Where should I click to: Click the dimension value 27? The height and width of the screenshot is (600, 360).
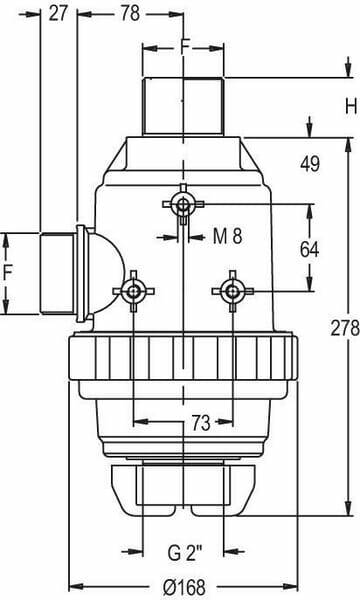pos(58,14)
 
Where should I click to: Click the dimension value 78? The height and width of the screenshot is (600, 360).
pos(130,14)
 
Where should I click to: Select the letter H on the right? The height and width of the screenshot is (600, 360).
pos(351,106)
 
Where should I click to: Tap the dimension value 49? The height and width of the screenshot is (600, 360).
pos(310,164)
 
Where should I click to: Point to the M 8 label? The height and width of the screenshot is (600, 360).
pos(228,236)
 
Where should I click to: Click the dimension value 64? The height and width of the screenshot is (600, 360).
pos(309,250)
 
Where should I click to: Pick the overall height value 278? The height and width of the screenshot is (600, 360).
pos(345,328)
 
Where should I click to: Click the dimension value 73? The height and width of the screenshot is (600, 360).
pos(201,423)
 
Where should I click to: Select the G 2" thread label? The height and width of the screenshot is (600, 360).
pos(184,553)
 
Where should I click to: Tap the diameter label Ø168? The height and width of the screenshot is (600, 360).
pos(184,587)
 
